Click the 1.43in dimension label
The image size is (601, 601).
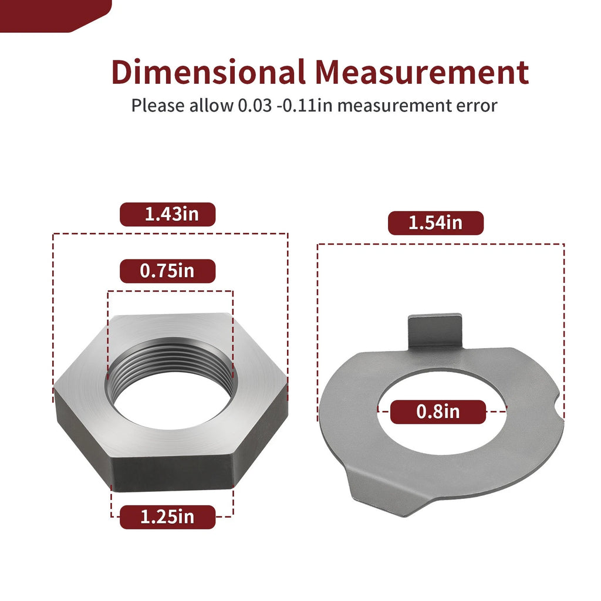(167, 214)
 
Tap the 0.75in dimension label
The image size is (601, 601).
(167, 271)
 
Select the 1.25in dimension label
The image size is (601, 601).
(167, 517)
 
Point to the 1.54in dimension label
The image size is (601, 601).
(436, 222)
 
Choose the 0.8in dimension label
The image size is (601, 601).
(438, 411)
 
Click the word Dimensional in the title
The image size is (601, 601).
(208, 72)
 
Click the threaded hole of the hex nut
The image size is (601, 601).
(171, 383)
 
